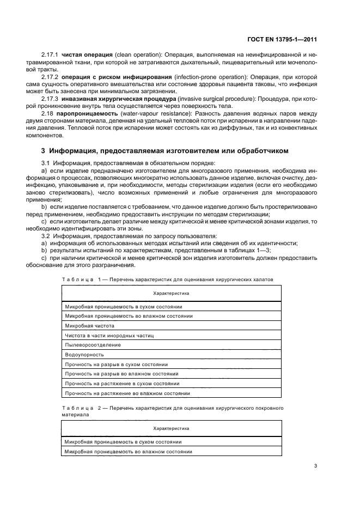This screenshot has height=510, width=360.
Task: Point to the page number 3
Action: click(x=315, y=466)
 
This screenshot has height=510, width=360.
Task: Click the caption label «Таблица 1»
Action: click(x=78, y=279)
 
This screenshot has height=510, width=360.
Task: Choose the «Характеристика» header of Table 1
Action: click(x=171, y=293)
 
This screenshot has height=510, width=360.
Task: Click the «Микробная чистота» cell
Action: click(x=86, y=326)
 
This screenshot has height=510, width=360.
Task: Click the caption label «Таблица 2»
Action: click(x=78, y=407)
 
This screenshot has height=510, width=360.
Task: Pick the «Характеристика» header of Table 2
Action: click(x=171, y=428)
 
